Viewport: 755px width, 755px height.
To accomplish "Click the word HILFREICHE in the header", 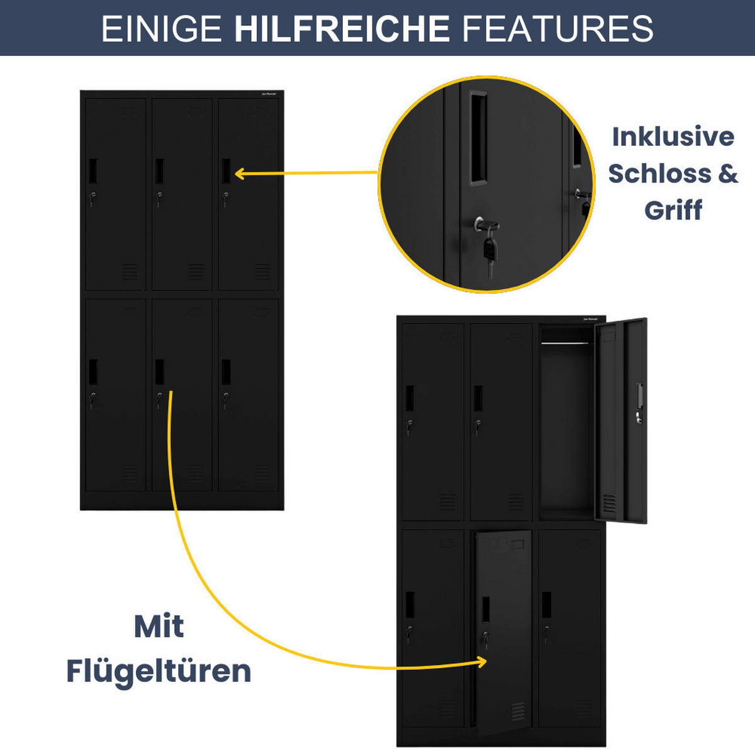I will coord(342,29).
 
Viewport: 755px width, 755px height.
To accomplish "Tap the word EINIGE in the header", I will coord(161,29).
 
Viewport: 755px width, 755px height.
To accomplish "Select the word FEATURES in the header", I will coord(557,29).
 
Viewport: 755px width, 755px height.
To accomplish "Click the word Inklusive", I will coord(673,137).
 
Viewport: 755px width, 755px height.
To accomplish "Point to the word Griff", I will coord(673,210).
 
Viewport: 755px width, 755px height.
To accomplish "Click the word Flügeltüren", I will coord(159,671).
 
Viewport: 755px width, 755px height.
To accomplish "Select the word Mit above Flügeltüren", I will coord(159,626).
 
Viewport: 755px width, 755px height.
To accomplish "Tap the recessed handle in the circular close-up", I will coord(479,138).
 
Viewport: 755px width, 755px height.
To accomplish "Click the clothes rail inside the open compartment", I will coord(566,344).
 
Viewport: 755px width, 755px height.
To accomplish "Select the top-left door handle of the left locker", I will coord(93,171).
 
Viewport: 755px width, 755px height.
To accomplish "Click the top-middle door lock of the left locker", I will coord(159,196).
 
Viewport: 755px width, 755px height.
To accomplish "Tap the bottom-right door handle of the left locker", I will coord(226,372).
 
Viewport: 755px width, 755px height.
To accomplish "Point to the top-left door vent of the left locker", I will coord(130,271).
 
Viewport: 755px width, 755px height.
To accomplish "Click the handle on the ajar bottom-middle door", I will coord(486,609).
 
